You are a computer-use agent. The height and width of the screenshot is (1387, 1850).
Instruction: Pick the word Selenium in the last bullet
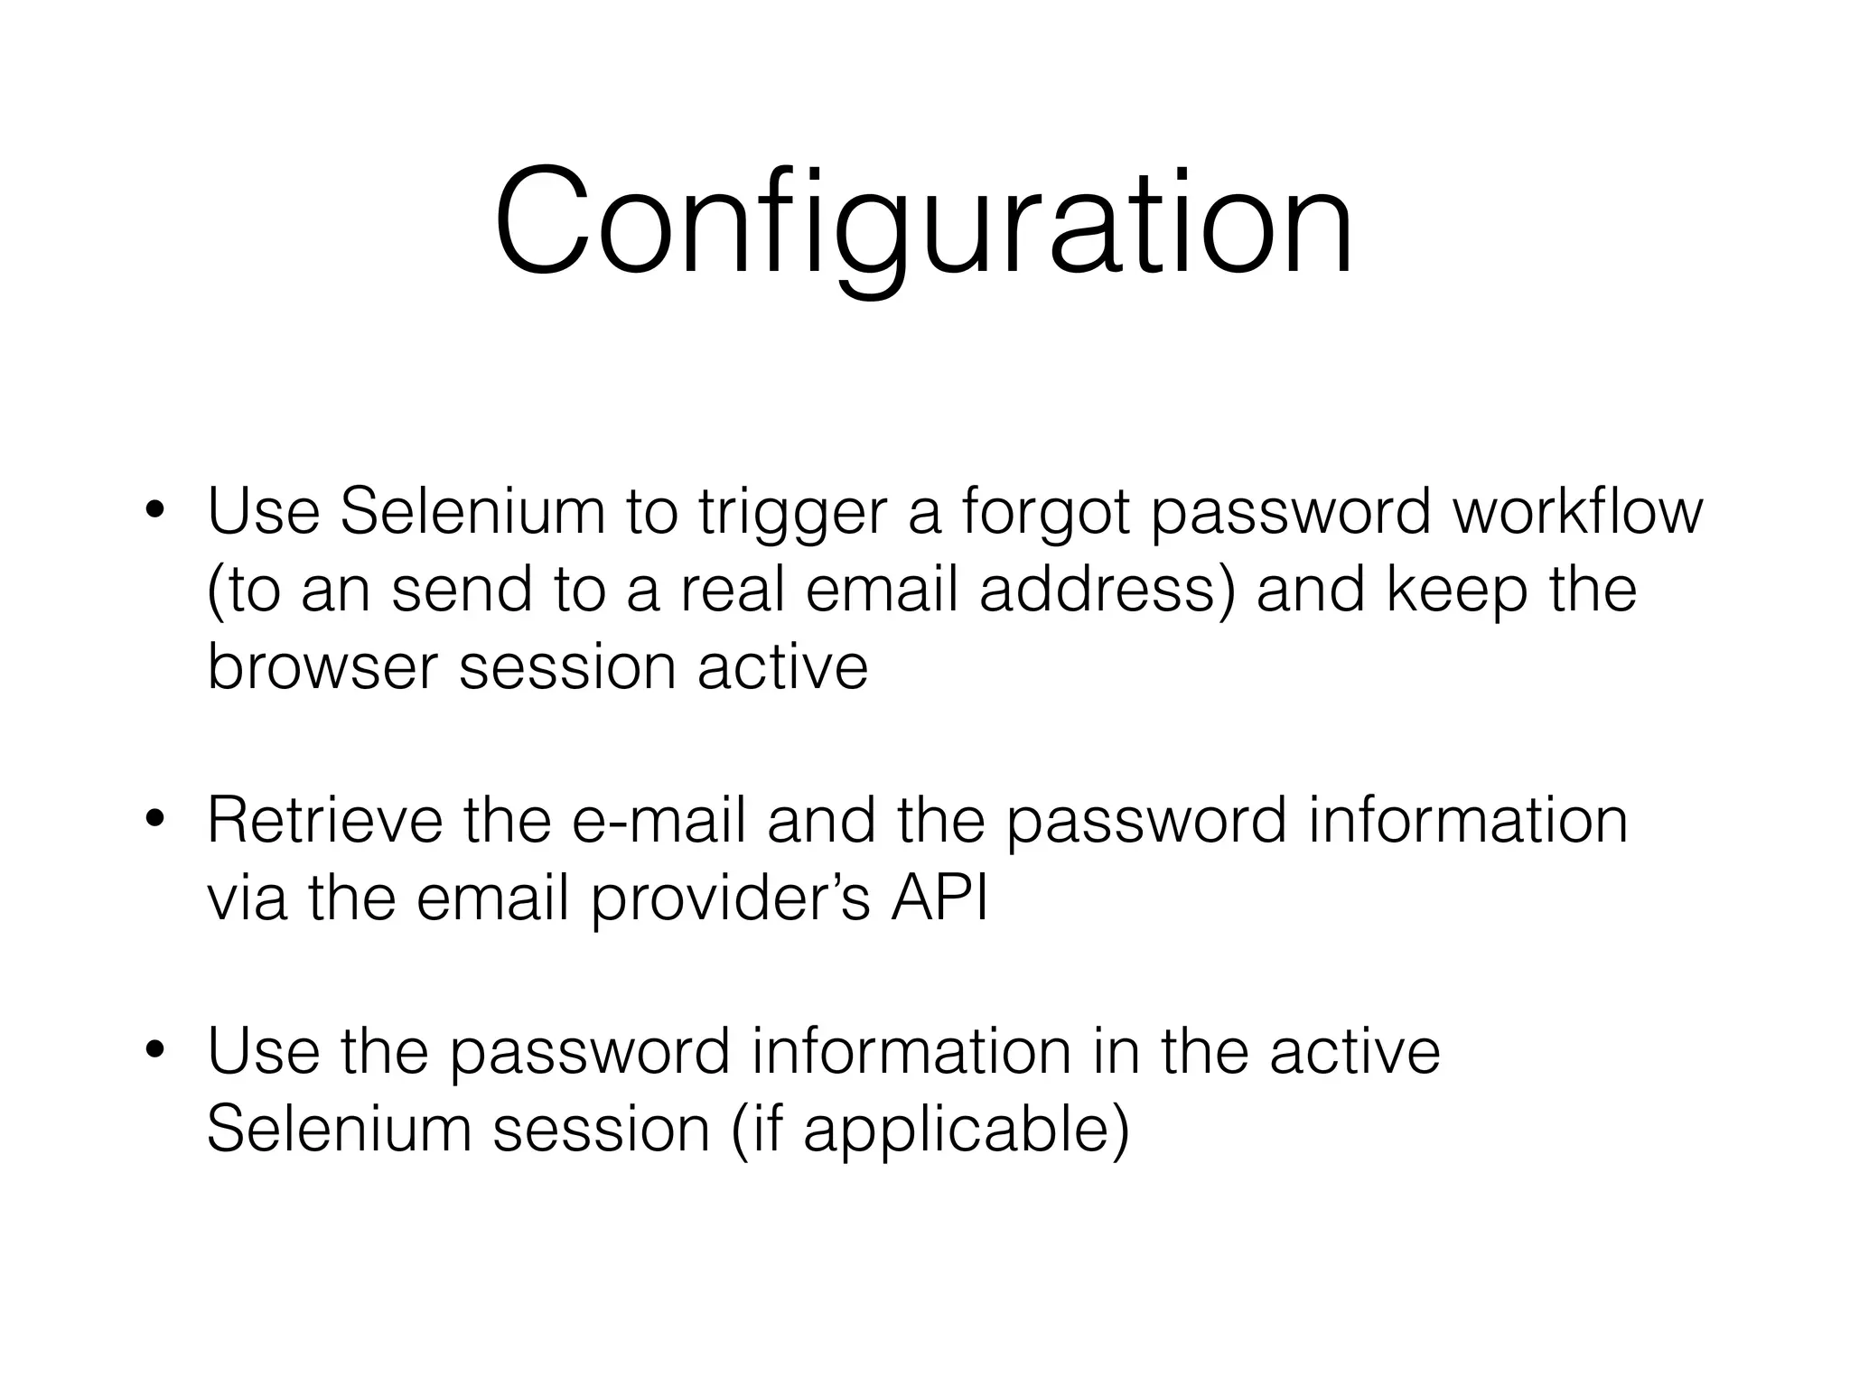tap(339, 1129)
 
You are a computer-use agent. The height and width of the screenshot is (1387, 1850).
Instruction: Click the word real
tap(731, 590)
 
